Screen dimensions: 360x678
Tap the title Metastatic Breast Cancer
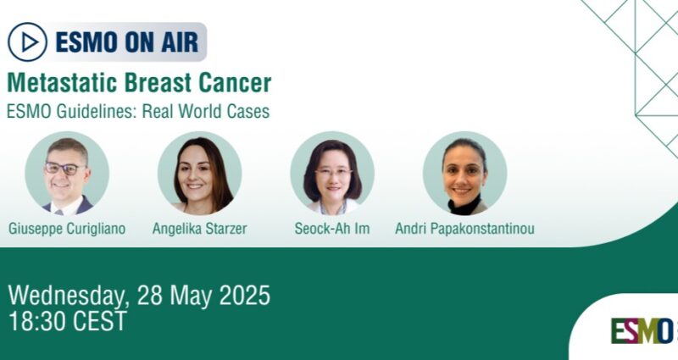[139, 84]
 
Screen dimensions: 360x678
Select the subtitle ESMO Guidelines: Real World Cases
[138, 112]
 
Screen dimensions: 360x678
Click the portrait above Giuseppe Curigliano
[67, 173]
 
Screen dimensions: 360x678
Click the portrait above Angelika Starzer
[199, 173]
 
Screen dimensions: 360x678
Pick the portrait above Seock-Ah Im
[332, 173]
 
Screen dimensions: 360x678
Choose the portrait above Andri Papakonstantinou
[464, 173]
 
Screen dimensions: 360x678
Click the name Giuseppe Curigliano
[67, 229]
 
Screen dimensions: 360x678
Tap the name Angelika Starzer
[199, 229]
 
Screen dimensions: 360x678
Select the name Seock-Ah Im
[332, 229]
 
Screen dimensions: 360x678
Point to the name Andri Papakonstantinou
[464, 229]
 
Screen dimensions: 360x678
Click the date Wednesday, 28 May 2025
[139, 296]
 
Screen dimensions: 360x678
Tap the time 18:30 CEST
[67, 321]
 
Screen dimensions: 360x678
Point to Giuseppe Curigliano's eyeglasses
[65, 168]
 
